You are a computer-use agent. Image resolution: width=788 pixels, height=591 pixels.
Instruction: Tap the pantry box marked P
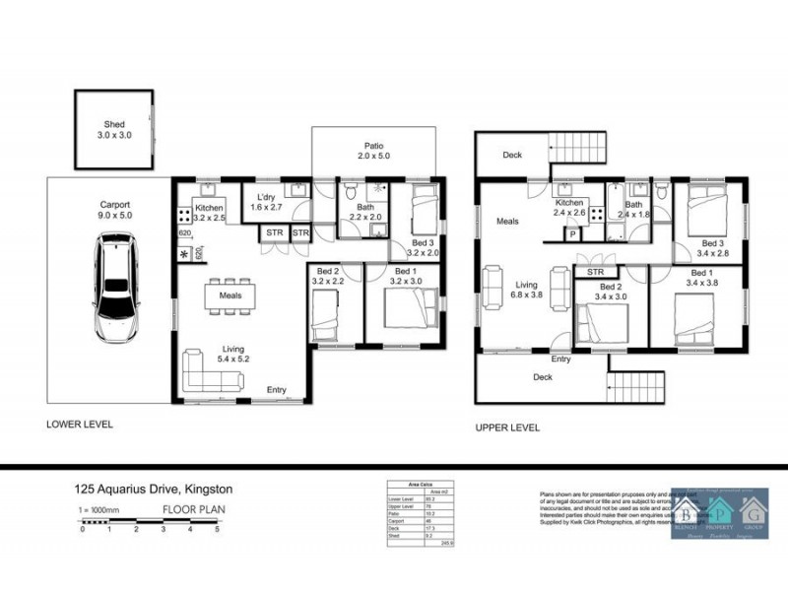point(572,234)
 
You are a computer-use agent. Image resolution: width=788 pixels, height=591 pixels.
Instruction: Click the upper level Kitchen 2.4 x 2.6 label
point(570,206)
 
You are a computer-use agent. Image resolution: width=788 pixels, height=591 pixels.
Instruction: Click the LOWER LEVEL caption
point(81,425)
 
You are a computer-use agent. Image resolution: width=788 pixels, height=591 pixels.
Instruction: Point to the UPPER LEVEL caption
point(507,427)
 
